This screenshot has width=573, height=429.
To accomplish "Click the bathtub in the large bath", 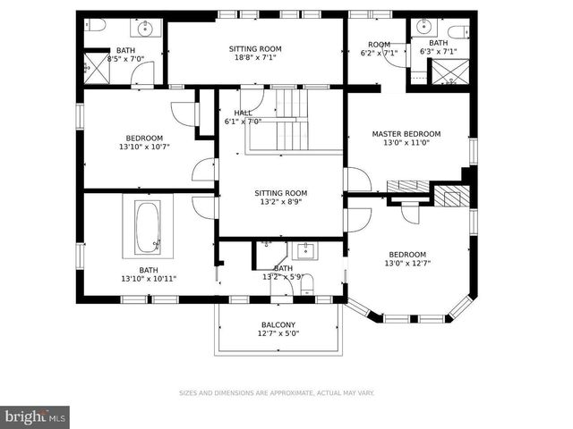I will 148,229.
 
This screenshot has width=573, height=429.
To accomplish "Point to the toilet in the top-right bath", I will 457,32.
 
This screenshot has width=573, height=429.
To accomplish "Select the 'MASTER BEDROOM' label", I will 406,134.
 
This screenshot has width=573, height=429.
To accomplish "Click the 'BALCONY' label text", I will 278,324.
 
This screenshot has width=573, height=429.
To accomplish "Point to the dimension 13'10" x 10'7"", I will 144,147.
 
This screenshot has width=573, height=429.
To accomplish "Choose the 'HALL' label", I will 242,113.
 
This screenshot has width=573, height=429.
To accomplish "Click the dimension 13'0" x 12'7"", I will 406,264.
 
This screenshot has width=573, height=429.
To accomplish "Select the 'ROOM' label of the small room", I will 379,44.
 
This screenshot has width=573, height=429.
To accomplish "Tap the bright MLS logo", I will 35,416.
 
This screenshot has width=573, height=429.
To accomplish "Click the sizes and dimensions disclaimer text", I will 277,392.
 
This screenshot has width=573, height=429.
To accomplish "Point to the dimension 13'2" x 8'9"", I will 280,202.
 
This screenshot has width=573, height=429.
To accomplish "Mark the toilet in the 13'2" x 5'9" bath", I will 306,284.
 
